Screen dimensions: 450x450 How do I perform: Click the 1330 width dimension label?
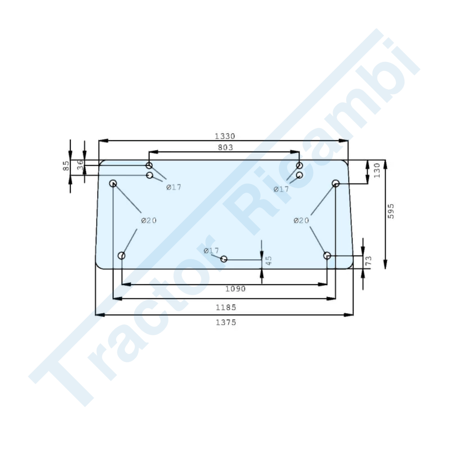coord(225,136)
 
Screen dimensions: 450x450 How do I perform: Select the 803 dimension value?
coord(225,148)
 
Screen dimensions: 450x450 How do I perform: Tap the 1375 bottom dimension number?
coord(226,323)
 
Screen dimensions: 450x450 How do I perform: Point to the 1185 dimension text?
coord(226,308)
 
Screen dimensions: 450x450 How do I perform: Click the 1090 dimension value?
coord(236,289)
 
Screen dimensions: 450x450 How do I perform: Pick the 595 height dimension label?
coord(391,211)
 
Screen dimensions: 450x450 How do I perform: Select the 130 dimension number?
coord(377,171)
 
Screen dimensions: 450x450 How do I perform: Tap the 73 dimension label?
coord(369,260)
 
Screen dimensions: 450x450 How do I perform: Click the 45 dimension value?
coord(269,260)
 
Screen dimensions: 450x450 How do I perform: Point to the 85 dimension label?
coord(66,166)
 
